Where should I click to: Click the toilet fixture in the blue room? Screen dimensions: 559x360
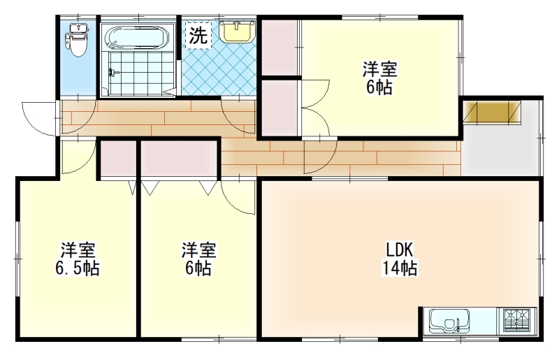coord(78,40)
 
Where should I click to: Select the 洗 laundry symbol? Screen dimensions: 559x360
coord(198,35)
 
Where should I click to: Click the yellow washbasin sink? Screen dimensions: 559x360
coord(237,31)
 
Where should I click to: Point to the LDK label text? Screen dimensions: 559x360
coord(400,250)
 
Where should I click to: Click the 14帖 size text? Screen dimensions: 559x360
coord(400,268)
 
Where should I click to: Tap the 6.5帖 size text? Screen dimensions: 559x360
coord(77,268)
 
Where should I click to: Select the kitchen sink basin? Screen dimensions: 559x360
coord(449,320)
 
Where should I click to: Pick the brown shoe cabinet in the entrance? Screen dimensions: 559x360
coord(492,113)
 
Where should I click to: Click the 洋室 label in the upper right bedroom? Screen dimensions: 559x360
coord(380,69)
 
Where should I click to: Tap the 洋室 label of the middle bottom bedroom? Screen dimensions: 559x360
coord(198,250)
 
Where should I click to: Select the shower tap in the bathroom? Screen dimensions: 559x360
coord(113,73)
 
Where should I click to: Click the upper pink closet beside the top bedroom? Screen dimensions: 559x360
coord(279,47)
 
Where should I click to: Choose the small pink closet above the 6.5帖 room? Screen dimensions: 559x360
coord(118,159)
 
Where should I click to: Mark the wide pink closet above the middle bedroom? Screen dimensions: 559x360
coord(179,159)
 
